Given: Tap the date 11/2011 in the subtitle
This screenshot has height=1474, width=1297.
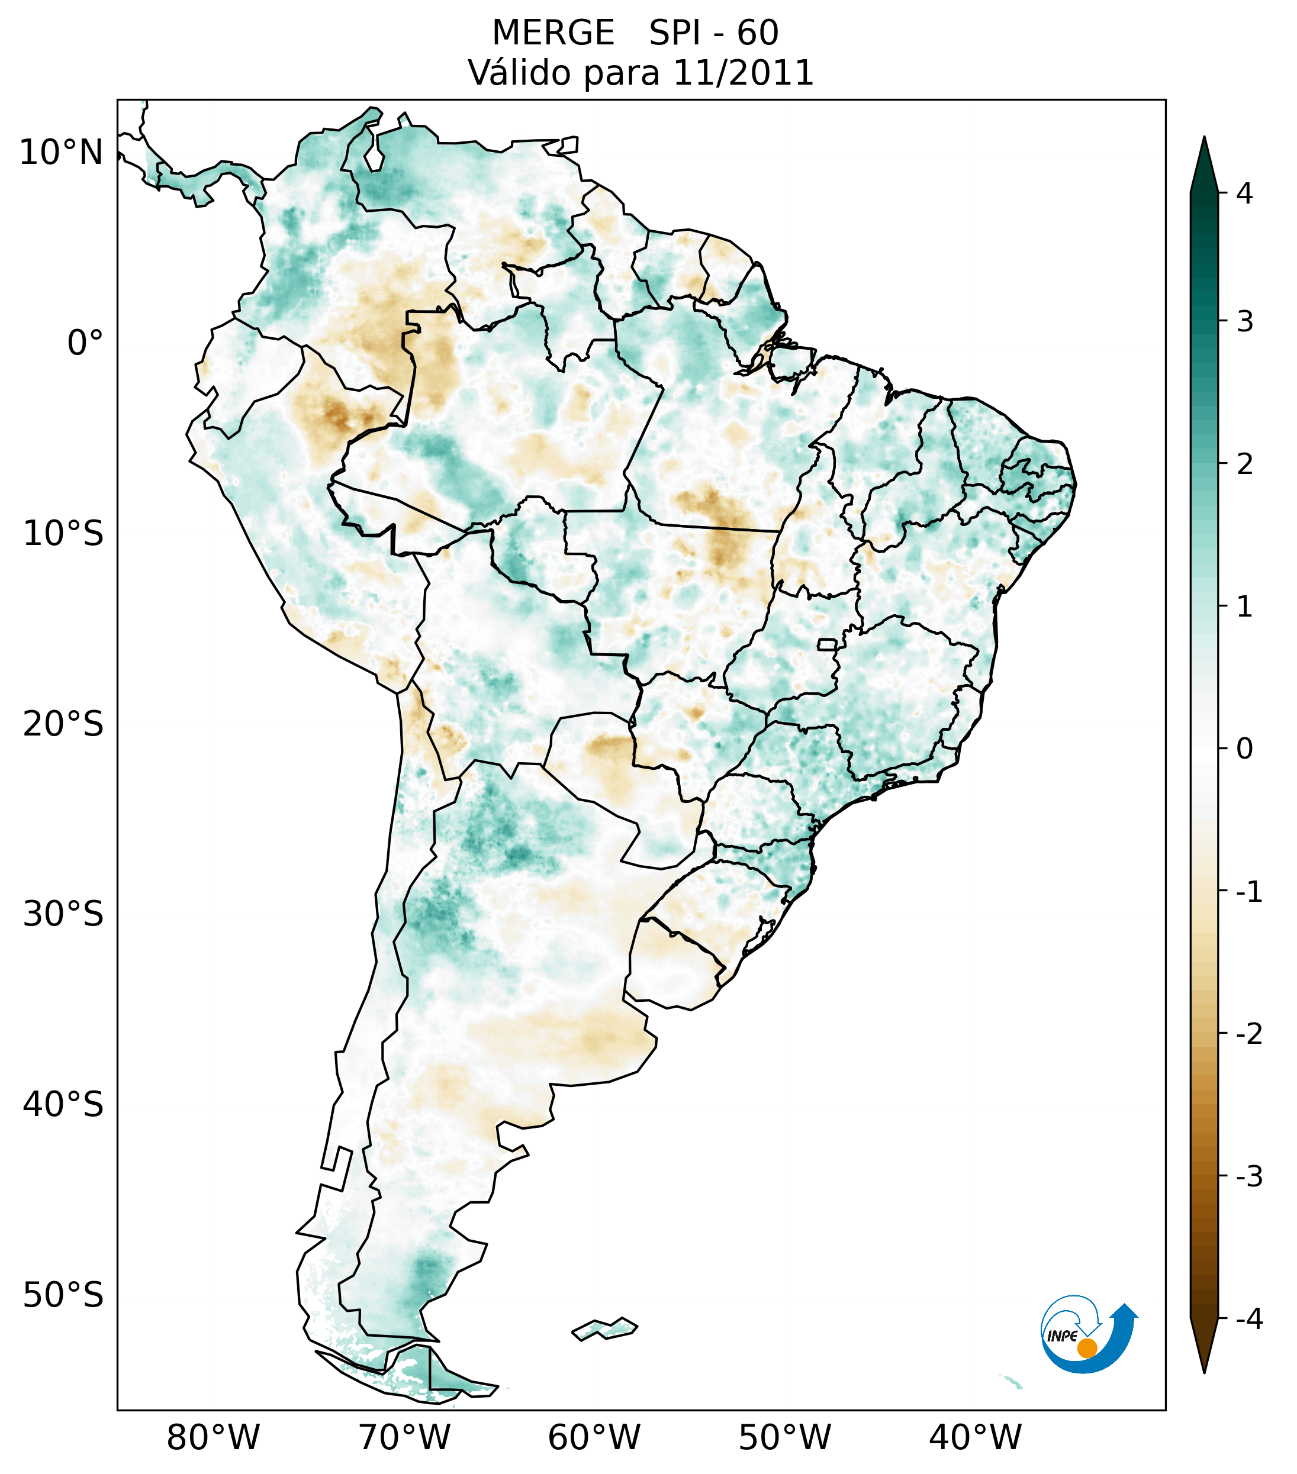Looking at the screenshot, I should (743, 73).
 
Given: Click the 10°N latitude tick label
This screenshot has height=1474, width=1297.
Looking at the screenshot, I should (62, 153).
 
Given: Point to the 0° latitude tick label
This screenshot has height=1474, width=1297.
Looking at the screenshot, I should (85, 343).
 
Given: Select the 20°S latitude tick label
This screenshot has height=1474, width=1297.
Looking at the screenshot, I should (63, 724).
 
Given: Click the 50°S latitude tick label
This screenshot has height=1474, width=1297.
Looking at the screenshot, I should (63, 1295).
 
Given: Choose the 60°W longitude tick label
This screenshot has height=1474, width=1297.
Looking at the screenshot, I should (594, 1437).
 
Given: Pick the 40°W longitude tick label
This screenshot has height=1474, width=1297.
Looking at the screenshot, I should (976, 1437).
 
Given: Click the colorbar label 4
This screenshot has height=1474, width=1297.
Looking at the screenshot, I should (1244, 193).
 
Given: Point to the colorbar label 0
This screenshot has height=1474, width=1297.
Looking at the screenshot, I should (1244, 749).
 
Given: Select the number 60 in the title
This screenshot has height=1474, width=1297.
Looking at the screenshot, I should (758, 33).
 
